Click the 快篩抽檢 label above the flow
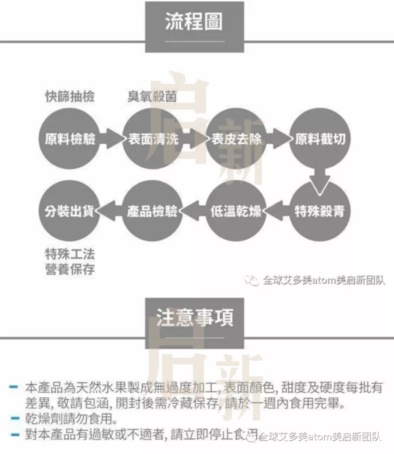click(70, 97)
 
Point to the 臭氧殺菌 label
click(152, 97)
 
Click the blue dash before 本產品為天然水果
click(14, 387)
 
